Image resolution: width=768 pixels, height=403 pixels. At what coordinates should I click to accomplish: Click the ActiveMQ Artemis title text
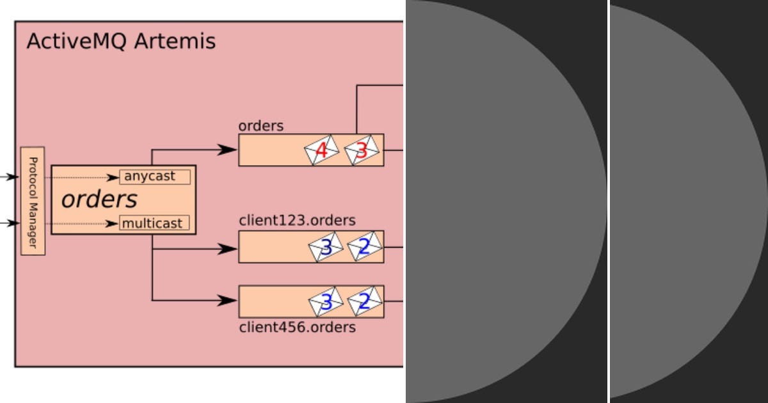click(x=121, y=42)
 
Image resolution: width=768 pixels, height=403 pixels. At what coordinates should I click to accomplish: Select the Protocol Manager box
click(x=33, y=201)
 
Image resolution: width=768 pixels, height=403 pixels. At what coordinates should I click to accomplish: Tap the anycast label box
click(x=155, y=177)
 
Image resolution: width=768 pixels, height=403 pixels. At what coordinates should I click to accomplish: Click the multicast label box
click(x=155, y=224)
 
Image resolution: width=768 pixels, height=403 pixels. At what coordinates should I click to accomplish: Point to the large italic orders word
click(x=99, y=200)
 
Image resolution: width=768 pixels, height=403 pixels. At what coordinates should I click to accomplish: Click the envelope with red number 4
click(x=321, y=151)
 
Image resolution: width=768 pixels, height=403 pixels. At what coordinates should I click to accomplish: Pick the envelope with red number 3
click(x=362, y=151)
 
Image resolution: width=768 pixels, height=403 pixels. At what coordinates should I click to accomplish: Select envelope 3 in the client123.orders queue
click(x=326, y=247)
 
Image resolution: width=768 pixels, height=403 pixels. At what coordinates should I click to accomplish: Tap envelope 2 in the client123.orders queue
click(x=364, y=247)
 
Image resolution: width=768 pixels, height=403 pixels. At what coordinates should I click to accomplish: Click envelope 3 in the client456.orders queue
click(x=326, y=301)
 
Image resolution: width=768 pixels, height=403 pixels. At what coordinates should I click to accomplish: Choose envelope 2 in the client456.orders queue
click(x=364, y=301)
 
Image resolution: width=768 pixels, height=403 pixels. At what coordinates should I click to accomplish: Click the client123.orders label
click(x=297, y=221)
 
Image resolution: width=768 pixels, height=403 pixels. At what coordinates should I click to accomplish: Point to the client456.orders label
click(x=297, y=328)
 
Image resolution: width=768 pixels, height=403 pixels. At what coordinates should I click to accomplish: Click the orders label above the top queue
click(x=260, y=126)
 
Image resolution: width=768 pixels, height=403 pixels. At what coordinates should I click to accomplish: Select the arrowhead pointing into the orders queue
click(x=227, y=150)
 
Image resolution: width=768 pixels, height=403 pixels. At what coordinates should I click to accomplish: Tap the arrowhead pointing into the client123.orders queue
click(x=227, y=249)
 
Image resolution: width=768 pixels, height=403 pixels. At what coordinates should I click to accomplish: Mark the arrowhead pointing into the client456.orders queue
click(x=227, y=300)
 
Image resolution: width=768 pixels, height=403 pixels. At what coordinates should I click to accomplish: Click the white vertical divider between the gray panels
click(x=608, y=201)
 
